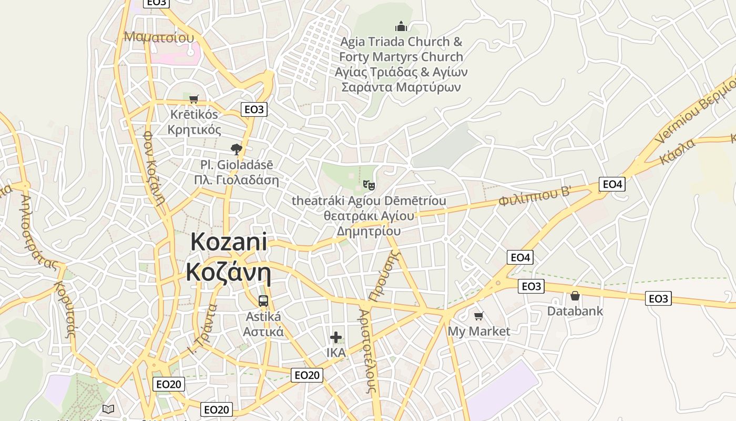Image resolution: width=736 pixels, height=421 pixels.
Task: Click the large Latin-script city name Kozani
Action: click(229, 243)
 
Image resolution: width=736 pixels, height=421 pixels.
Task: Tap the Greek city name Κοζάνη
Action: click(229, 273)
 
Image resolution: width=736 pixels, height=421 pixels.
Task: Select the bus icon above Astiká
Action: click(263, 301)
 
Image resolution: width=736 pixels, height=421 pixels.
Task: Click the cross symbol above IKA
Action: click(336, 337)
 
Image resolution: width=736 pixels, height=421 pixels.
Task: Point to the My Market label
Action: click(479, 332)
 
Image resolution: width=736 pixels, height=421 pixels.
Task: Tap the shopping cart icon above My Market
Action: click(478, 316)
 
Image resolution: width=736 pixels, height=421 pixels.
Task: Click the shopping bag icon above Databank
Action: click(575, 296)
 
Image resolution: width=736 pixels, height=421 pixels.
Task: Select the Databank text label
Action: click(575, 311)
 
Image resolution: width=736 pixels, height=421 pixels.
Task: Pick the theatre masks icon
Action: click(369, 185)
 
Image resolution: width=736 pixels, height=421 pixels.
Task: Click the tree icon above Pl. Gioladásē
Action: click(237, 149)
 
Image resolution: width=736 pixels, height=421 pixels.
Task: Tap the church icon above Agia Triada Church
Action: click(401, 26)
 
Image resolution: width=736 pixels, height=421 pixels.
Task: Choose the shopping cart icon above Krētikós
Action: click(194, 99)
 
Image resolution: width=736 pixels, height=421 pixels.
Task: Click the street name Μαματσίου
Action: click(159, 37)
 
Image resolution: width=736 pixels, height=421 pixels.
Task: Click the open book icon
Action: click(108, 409)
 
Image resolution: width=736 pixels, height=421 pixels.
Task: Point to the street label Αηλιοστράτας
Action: click(38, 232)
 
